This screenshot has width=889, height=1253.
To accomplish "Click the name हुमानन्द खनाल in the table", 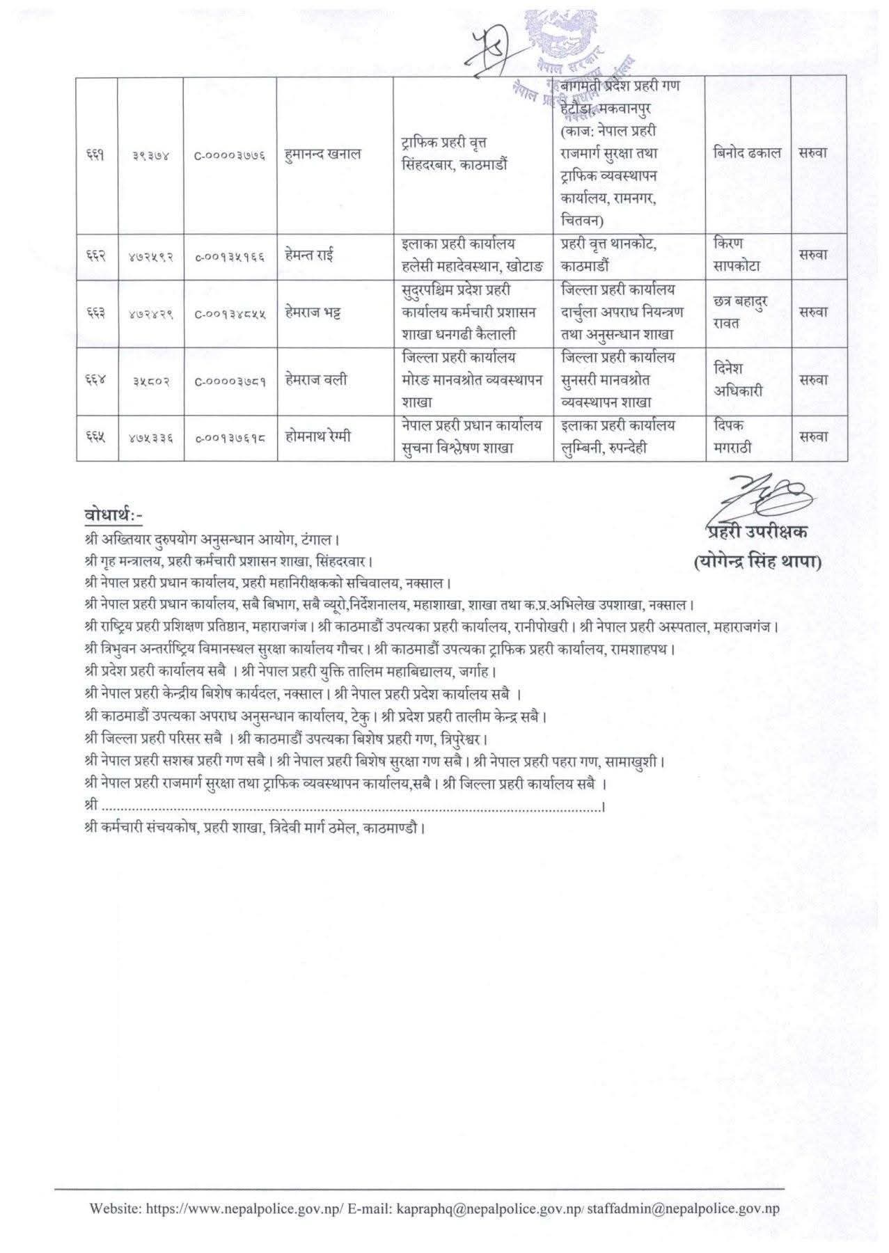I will tap(323, 154).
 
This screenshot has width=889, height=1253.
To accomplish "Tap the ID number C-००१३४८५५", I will tap(230, 313).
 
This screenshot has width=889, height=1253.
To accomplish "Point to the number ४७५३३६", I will tap(151, 437).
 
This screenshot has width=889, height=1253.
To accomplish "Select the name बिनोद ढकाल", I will tap(747, 153).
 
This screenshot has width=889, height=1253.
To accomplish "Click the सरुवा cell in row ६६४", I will tap(813, 380).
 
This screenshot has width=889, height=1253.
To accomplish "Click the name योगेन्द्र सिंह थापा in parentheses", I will tap(758, 562).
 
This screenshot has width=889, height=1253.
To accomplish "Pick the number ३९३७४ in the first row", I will tap(151, 154).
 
